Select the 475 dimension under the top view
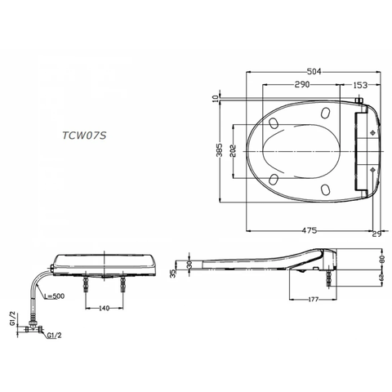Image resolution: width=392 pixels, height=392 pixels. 310,231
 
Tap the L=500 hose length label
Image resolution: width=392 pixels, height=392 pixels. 57,295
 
